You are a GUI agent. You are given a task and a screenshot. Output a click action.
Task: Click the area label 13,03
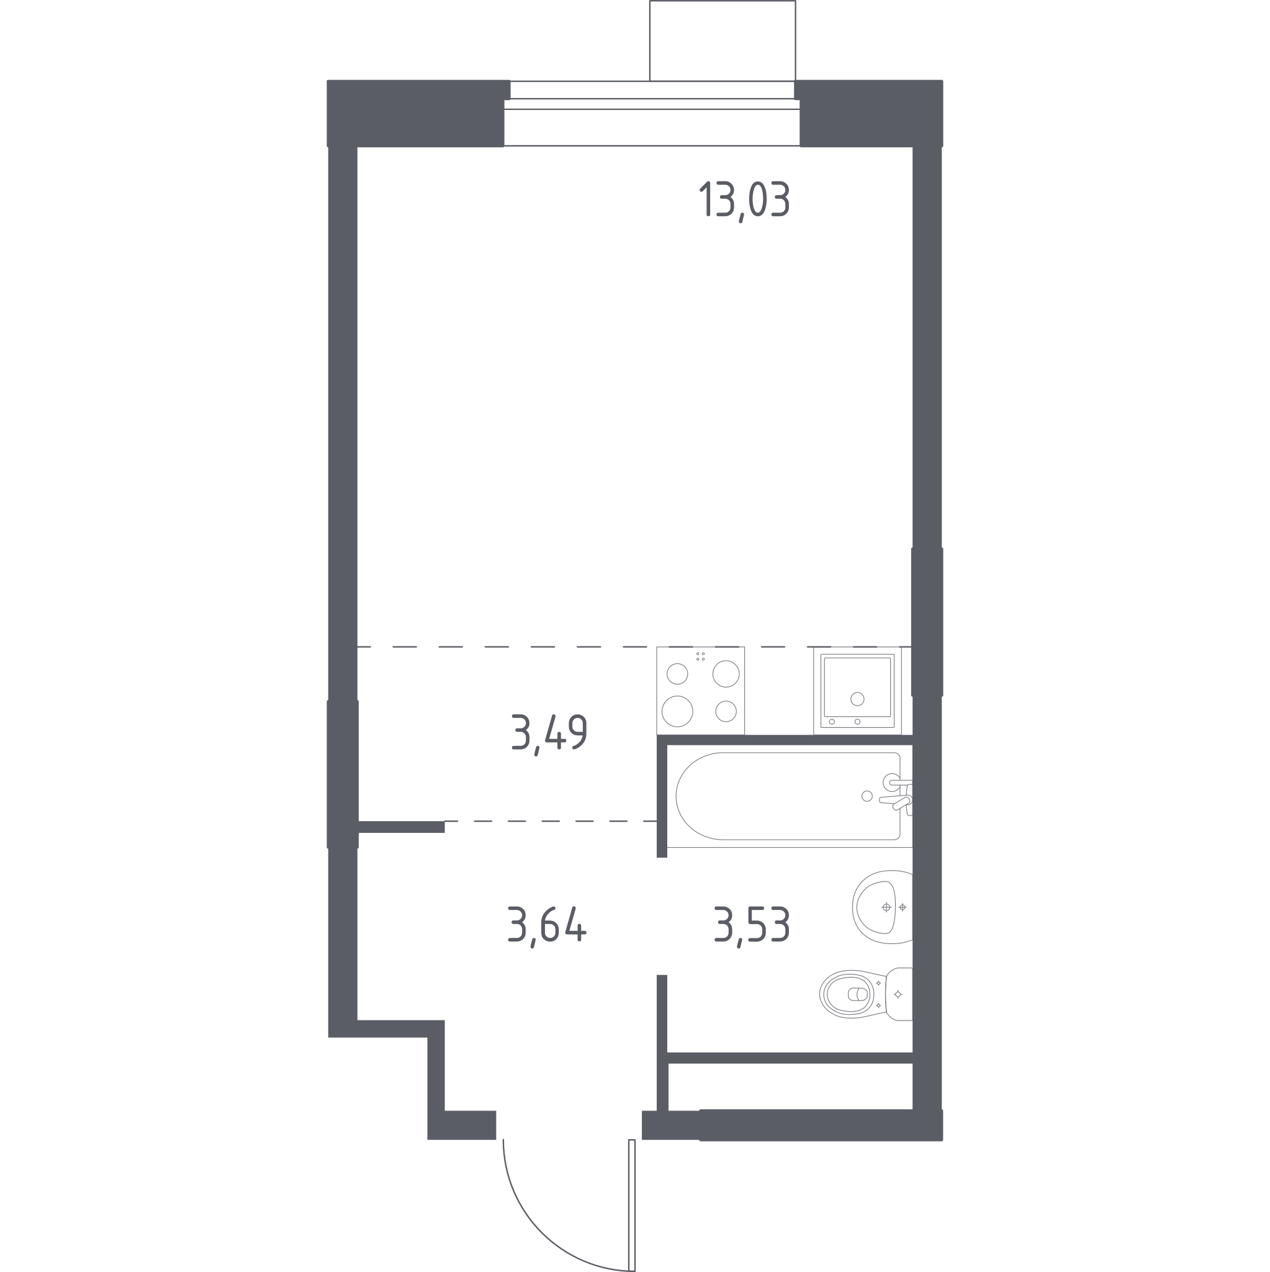tap(744, 200)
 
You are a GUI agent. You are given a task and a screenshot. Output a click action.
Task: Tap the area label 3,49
tap(549, 734)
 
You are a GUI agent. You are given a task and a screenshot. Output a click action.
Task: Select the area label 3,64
tap(547, 925)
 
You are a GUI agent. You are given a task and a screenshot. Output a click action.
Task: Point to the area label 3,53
tap(752, 925)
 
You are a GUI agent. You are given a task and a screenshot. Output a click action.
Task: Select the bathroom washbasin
tap(883, 907)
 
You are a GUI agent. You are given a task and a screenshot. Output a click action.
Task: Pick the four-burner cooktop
tap(701, 691)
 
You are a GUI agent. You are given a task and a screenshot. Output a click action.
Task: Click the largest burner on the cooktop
tap(677, 711)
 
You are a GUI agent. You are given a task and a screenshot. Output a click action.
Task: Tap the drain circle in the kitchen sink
tap(857, 699)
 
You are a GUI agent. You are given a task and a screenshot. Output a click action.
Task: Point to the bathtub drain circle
tap(867, 796)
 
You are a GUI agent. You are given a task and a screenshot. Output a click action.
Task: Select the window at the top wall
tap(652, 113)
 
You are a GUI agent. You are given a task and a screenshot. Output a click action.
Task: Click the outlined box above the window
tap(723, 41)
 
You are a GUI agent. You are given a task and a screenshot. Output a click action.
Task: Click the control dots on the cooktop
tap(701, 656)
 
